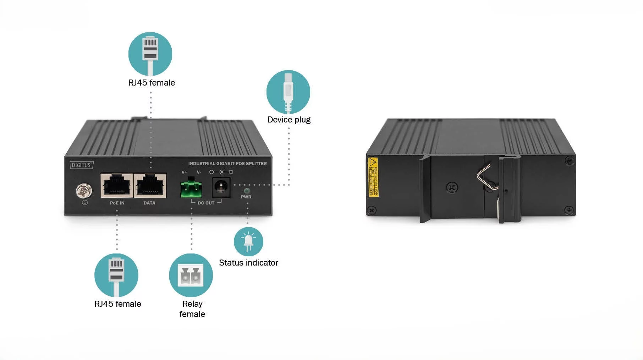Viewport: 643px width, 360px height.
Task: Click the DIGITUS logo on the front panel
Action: point(82,165)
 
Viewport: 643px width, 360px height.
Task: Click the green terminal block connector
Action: point(191,188)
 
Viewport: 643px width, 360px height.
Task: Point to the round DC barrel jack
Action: point(221,187)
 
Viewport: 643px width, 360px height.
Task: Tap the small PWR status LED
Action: point(247,191)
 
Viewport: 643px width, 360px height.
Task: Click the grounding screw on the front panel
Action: point(84,191)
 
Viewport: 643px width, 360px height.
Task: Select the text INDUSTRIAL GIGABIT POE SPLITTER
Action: point(227,164)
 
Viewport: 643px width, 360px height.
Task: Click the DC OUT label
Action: point(206,203)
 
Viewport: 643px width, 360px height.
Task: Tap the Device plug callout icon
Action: point(288,92)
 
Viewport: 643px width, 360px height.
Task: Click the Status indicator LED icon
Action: point(248,241)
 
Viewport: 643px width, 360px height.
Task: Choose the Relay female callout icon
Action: point(191,275)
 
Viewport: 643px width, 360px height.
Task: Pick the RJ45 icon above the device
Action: point(150,54)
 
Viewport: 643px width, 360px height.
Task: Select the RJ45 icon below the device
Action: point(116,275)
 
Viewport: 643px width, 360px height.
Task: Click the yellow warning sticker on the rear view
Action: point(373,177)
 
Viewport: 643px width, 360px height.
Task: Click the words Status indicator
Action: point(248,263)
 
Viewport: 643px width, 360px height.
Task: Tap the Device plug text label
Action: point(289,120)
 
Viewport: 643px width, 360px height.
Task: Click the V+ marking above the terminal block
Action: point(184,172)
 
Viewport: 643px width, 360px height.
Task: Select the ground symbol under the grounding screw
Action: point(85,203)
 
